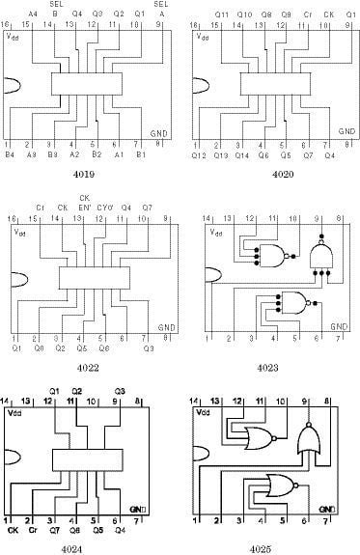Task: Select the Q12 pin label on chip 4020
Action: pyautogui.click(x=199, y=153)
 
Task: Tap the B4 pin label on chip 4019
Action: pyautogui.click(x=11, y=153)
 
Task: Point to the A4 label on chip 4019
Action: pyautogui.click(x=34, y=14)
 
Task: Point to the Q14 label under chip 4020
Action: pyautogui.click(x=241, y=153)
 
